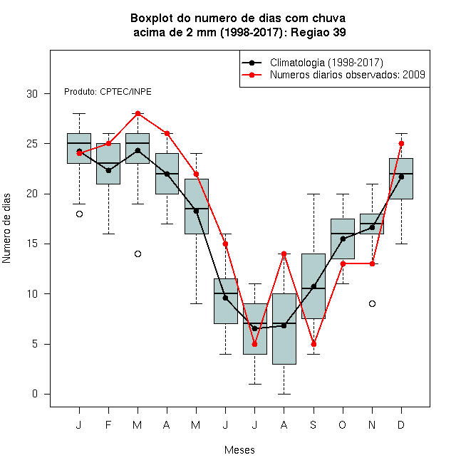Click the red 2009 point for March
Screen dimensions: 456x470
[x=138, y=114]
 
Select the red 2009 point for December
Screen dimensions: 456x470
[x=401, y=144]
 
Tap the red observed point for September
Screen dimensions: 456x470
[x=313, y=344]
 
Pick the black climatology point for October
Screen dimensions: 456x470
[x=343, y=239]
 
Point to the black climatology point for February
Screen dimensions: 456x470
[x=108, y=171]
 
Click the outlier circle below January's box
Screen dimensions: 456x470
[x=79, y=214]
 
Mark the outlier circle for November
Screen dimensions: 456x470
[x=372, y=304]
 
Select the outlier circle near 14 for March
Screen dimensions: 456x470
[x=138, y=254]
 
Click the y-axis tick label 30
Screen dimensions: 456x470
[x=32, y=94]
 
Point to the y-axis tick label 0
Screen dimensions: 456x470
[x=35, y=394]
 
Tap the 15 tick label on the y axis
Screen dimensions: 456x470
[x=32, y=244]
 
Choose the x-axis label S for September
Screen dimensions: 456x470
[x=313, y=424]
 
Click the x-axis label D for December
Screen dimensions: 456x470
[x=401, y=424]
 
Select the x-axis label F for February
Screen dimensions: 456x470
[x=108, y=424]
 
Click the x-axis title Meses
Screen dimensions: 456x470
[x=239, y=450]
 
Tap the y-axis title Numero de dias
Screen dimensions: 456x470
[x=6, y=229]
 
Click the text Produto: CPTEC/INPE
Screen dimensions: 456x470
[x=108, y=92]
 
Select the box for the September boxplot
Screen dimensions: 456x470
[x=313, y=286]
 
